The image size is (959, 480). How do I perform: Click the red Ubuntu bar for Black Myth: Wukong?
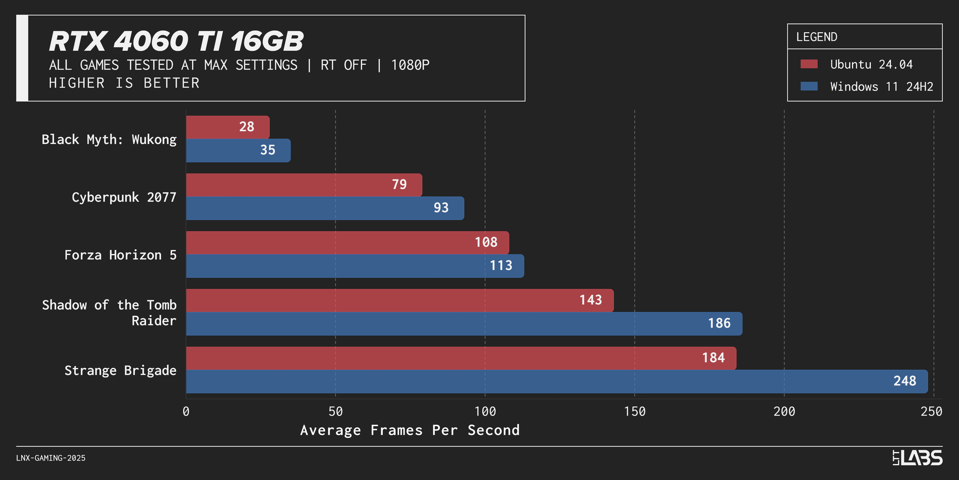click(228, 127)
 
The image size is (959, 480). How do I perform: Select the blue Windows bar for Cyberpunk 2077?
click(325, 208)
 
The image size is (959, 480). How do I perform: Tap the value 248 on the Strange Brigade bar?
click(904, 381)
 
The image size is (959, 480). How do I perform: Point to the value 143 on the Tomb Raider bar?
click(590, 300)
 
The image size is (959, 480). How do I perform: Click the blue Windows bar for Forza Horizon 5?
click(355, 266)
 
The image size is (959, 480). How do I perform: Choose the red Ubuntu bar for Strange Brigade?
click(460, 358)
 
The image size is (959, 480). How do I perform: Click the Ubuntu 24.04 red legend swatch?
click(809, 64)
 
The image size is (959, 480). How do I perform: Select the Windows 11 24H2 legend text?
click(881, 87)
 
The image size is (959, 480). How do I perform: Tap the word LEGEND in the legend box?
click(817, 37)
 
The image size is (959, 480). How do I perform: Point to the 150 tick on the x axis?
click(635, 411)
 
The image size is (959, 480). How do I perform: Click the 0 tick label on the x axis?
click(186, 411)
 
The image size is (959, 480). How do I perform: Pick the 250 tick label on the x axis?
click(932, 411)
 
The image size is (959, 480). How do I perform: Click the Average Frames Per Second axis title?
click(410, 430)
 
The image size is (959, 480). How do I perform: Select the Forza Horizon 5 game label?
click(120, 255)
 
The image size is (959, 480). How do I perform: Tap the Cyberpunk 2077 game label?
click(124, 197)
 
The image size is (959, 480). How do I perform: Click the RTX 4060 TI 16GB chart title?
click(176, 41)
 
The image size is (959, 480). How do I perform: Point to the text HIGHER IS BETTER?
click(124, 83)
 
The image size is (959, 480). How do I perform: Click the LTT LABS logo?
click(917, 457)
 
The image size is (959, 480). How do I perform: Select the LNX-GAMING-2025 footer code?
click(51, 458)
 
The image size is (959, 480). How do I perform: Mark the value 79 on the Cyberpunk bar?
click(399, 185)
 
